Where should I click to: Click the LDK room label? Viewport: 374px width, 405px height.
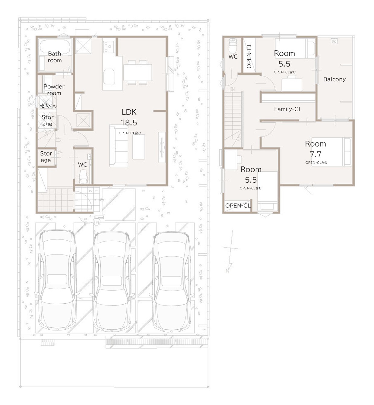pyautogui.click(x=129, y=112)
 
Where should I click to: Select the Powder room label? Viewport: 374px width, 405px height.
pyautogui.click(x=54, y=90)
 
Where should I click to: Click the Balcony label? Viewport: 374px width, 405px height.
pyautogui.click(x=334, y=79)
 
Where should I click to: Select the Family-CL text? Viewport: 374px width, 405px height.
pyautogui.click(x=288, y=109)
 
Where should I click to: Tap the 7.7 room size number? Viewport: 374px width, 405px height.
pyautogui.click(x=315, y=154)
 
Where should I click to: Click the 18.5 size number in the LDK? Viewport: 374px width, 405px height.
pyautogui.click(x=129, y=122)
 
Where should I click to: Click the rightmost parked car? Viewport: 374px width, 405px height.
pyautogui.click(x=171, y=282)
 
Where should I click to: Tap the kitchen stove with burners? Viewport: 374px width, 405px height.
pyautogui.click(x=108, y=47)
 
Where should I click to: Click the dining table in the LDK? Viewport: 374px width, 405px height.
pyautogui.click(x=138, y=73)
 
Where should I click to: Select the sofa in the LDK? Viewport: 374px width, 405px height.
pyautogui.click(x=119, y=146)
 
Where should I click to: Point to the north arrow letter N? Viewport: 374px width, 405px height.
pyautogui.click(x=227, y=271)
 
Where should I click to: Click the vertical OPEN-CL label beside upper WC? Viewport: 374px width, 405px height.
pyautogui.click(x=249, y=55)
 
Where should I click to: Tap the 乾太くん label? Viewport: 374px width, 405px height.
pyautogui.click(x=48, y=106)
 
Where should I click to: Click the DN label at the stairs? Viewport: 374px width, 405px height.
pyautogui.click(x=232, y=89)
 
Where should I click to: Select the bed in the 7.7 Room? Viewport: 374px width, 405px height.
pyautogui.click(x=331, y=152)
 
